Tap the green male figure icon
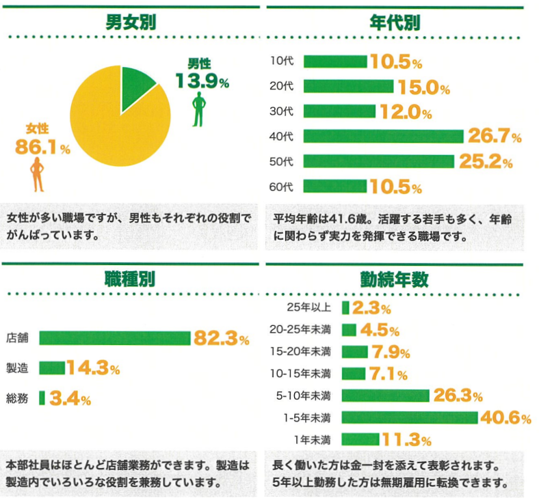199,109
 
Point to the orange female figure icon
38,174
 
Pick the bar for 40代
383,137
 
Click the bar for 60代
335,186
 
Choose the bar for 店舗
115,337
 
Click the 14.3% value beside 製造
93,368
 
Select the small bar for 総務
42,398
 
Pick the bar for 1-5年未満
409,417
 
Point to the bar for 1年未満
360,439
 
